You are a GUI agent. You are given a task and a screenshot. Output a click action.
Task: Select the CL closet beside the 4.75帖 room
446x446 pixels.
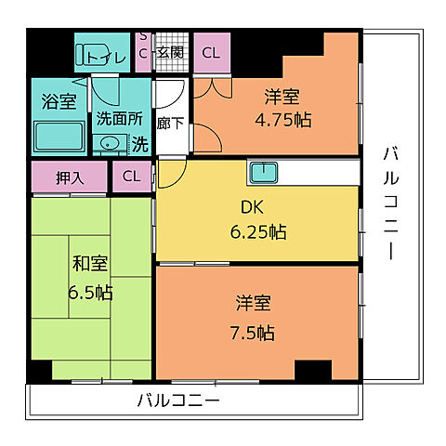point(211,52)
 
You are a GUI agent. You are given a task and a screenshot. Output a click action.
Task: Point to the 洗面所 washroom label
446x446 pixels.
point(119,119)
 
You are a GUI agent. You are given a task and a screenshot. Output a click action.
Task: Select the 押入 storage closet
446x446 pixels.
point(70,176)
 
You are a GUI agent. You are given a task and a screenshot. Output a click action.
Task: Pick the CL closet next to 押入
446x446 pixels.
point(131,176)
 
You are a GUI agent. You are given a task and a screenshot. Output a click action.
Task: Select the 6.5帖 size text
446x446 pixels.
point(89,292)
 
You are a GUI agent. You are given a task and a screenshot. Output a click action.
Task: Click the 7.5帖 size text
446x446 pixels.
point(254,331)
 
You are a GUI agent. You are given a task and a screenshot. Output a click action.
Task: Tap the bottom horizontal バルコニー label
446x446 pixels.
point(178,400)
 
